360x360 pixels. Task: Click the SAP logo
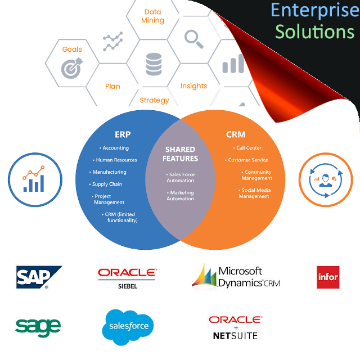[x=39, y=277]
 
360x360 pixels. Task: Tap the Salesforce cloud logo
[x=128, y=327]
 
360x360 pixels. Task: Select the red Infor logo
[x=328, y=277]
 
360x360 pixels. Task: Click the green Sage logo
[x=38, y=327]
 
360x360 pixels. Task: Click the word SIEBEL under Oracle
[x=128, y=286]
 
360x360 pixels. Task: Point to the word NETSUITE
[x=235, y=336]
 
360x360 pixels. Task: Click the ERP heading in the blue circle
[x=123, y=134]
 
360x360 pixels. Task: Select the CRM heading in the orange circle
[x=236, y=134]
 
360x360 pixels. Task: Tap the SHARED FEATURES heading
[x=180, y=154]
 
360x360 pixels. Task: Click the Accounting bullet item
[x=114, y=148]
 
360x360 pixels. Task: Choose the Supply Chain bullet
[x=106, y=184]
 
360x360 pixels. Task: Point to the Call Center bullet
[x=247, y=148]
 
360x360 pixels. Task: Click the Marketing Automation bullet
[x=181, y=196]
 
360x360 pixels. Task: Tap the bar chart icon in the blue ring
[x=34, y=179]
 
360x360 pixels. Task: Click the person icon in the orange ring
[x=326, y=181]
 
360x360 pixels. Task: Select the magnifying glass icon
[x=193, y=39]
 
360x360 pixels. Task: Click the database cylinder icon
[x=154, y=64]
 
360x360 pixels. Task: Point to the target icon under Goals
[x=72, y=68]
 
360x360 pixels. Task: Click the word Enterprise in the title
[x=315, y=10]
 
